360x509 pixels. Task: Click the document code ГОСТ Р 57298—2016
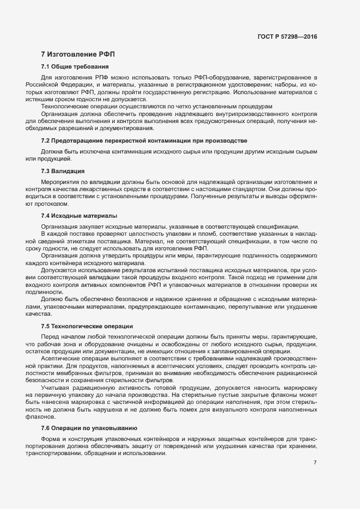pos(287,37)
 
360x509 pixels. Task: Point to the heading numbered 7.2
pos(144,141)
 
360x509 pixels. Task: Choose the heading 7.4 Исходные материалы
pos(79,216)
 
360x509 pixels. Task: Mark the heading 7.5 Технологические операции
pos(87,326)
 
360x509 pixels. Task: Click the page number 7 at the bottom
pos(315,462)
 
